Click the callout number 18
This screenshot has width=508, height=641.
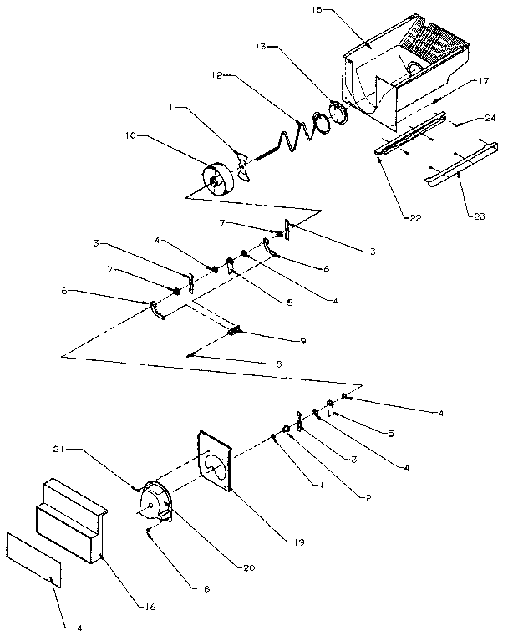pyautogui.click(x=205, y=589)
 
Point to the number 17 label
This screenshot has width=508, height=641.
pyautogui.click(x=485, y=80)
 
